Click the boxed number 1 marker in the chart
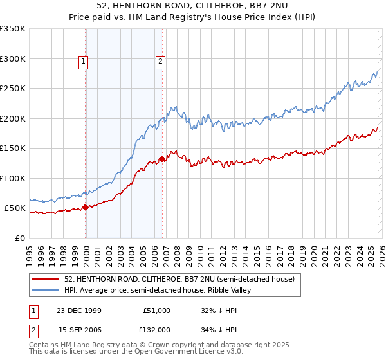coord(84,62)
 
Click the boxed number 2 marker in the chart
coord(160,62)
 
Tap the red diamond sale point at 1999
coord(86,208)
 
